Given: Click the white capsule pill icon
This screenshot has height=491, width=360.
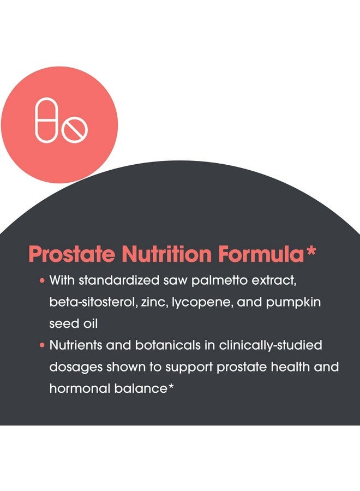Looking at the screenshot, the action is click(x=47, y=120).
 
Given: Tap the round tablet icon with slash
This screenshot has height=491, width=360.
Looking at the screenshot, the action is click(x=75, y=130).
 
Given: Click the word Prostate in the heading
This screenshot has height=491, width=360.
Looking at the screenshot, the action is click(x=71, y=254).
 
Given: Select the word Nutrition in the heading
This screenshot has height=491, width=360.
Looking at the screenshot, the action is click(x=166, y=254).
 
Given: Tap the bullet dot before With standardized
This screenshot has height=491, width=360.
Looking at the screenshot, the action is click(x=42, y=280).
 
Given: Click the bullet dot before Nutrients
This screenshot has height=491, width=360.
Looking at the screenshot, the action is click(x=42, y=345).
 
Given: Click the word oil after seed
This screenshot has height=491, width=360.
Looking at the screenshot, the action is click(x=90, y=324).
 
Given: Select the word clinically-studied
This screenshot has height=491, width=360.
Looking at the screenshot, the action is click(x=271, y=346).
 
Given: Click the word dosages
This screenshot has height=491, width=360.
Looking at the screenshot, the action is click(x=76, y=368).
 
